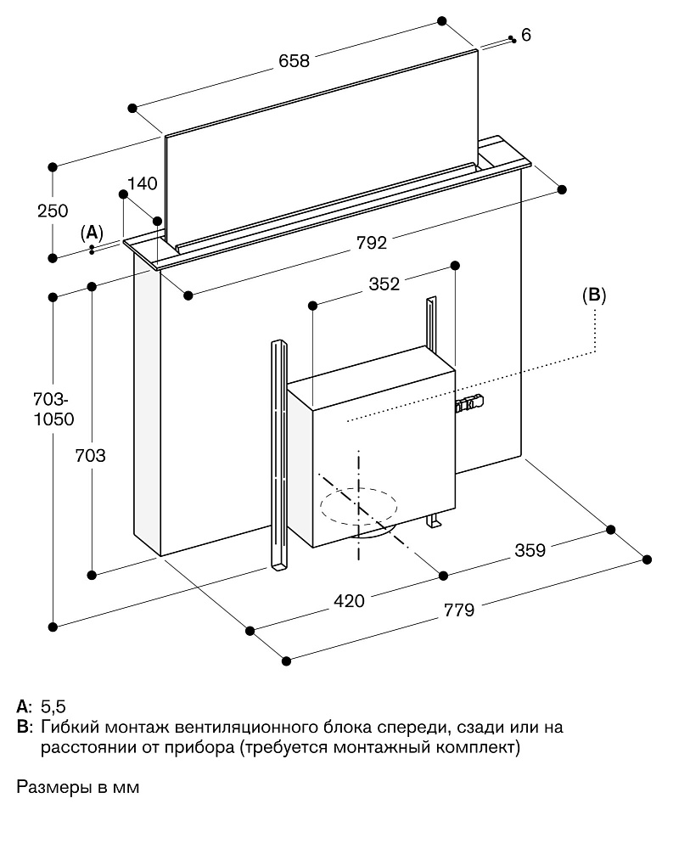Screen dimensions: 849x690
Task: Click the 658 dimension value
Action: pyautogui.click(x=294, y=61)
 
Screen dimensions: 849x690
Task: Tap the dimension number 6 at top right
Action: pyautogui.click(x=526, y=35)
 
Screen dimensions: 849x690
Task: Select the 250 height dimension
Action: pyautogui.click(x=53, y=211)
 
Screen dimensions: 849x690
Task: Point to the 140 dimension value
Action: pyautogui.click(x=143, y=183)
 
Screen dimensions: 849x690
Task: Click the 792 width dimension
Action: pyautogui.click(x=372, y=244)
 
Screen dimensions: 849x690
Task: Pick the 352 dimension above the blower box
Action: pyautogui.click(x=384, y=284)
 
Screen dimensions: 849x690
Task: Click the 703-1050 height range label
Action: pyautogui.click(x=53, y=408)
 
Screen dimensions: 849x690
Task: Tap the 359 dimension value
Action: pyautogui.click(x=530, y=550)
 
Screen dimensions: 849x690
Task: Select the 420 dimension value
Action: pyautogui.click(x=349, y=601)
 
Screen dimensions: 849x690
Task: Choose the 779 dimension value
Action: pyautogui.click(x=459, y=609)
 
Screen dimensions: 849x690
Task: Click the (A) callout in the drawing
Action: pyautogui.click(x=92, y=232)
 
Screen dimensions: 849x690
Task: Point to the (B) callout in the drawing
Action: pyautogui.click(x=594, y=295)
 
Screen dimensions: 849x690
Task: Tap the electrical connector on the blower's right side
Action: pyautogui.click(x=471, y=403)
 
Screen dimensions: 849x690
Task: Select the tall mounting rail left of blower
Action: pyautogui.click(x=279, y=454)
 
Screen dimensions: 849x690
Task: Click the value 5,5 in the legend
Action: pyautogui.click(x=53, y=706)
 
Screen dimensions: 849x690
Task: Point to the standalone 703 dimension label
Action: pyautogui.click(x=90, y=456)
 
